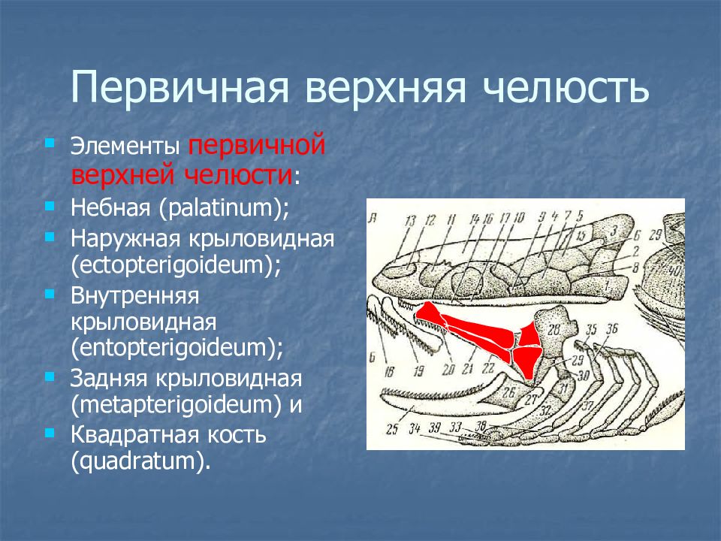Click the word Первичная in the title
click(179, 88)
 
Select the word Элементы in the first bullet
click(125, 146)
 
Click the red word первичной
click(257, 144)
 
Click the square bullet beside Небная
click(50, 207)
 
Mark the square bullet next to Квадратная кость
click(50, 434)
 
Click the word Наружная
click(123, 239)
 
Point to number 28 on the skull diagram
click(554, 329)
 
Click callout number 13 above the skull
click(410, 221)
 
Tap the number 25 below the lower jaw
click(392, 430)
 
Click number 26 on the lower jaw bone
click(508, 392)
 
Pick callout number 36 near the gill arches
click(612, 328)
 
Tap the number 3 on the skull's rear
click(614, 231)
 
